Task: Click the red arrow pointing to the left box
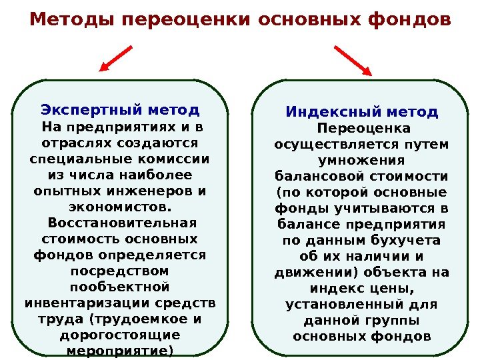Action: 117,58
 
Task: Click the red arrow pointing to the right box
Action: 353,59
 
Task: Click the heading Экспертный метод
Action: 120,109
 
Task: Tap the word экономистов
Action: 120,207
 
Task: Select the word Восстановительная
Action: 120,223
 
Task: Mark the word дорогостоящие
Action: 120,335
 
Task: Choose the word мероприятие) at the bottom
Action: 120,351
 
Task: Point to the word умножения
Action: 362,160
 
